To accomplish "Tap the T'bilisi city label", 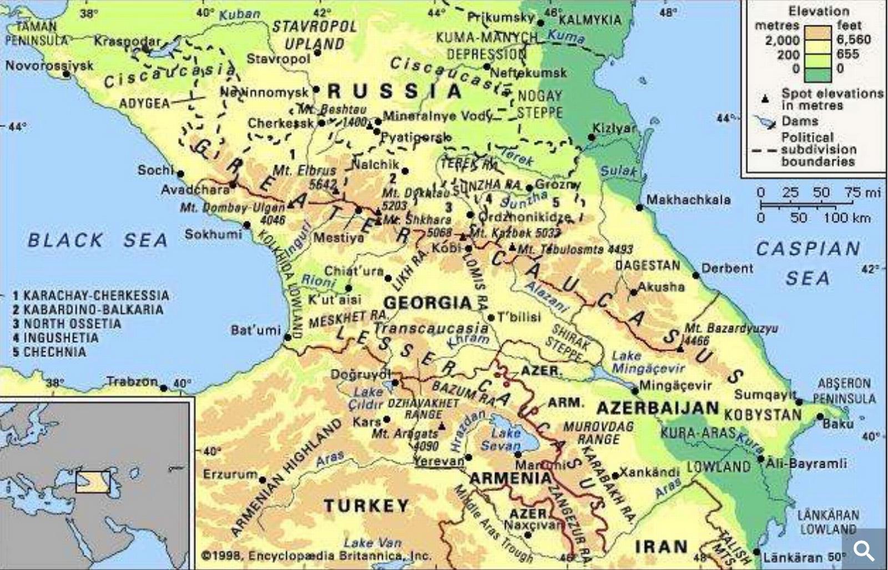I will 518,317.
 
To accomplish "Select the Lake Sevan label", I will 506,439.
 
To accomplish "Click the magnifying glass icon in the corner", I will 864,550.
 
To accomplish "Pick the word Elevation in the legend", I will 819,11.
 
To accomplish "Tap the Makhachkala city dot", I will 639,208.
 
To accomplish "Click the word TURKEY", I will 367,506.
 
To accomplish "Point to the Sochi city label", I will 155,170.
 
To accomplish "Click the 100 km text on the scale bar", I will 847,218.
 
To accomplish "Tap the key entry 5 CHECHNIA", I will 49,352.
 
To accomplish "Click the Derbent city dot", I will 696,276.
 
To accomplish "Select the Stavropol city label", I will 278,59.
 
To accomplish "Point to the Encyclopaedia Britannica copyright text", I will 316,556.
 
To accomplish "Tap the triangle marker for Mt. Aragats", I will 442,426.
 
